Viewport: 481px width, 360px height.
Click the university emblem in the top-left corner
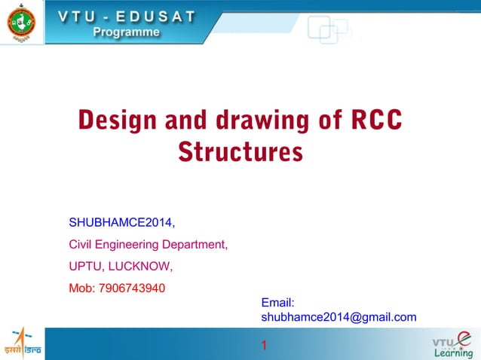click(20, 23)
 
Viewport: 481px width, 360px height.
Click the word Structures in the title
click(240, 152)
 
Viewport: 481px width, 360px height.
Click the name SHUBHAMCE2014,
click(122, 223)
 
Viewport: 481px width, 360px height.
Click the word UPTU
click(86, 267)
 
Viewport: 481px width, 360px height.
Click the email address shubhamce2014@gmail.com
click(339, 317)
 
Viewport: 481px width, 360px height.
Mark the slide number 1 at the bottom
click(264, 346)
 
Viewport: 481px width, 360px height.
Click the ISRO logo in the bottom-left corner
click(23, 343)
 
